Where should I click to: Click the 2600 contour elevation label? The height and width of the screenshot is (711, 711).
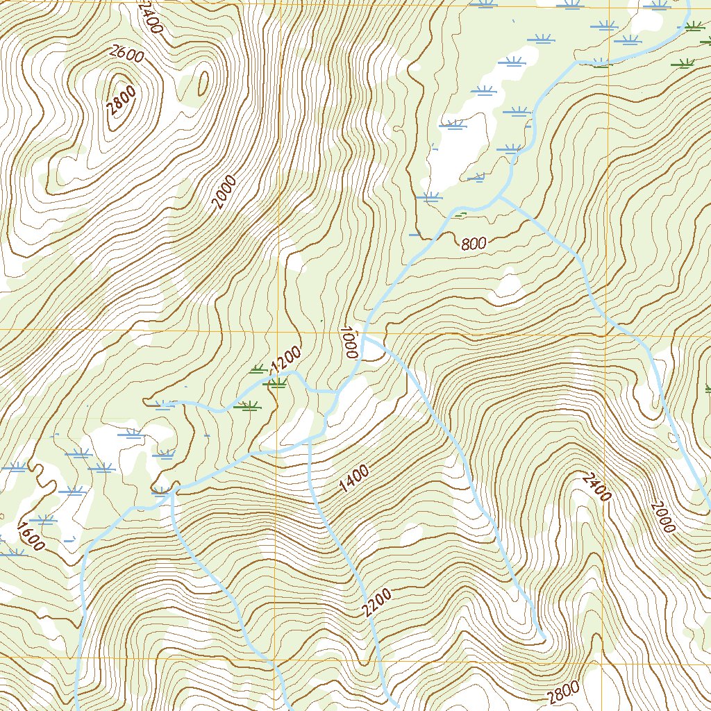(126, 53)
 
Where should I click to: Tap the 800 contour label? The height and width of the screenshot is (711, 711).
(473, 243)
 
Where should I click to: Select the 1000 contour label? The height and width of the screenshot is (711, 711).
(349, 342)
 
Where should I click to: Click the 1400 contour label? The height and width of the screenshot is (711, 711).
(354, 479)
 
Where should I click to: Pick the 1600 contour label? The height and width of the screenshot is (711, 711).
(31, 535)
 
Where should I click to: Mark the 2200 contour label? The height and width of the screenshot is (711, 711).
(376, 603)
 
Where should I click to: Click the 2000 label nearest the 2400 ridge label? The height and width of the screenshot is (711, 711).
(663, 516)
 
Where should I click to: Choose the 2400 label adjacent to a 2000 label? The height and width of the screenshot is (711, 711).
(597, 486)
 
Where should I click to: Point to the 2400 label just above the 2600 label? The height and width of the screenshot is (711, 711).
(149, 17)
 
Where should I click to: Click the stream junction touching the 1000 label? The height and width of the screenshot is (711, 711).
(364, 338)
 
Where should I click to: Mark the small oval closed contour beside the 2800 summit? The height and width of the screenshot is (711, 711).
(203, 83)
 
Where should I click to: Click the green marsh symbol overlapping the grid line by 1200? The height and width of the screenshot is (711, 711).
(277, 383)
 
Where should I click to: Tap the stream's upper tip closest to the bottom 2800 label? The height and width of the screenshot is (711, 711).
(542, 635)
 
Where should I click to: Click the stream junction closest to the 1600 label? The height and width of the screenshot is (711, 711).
(170, 490)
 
